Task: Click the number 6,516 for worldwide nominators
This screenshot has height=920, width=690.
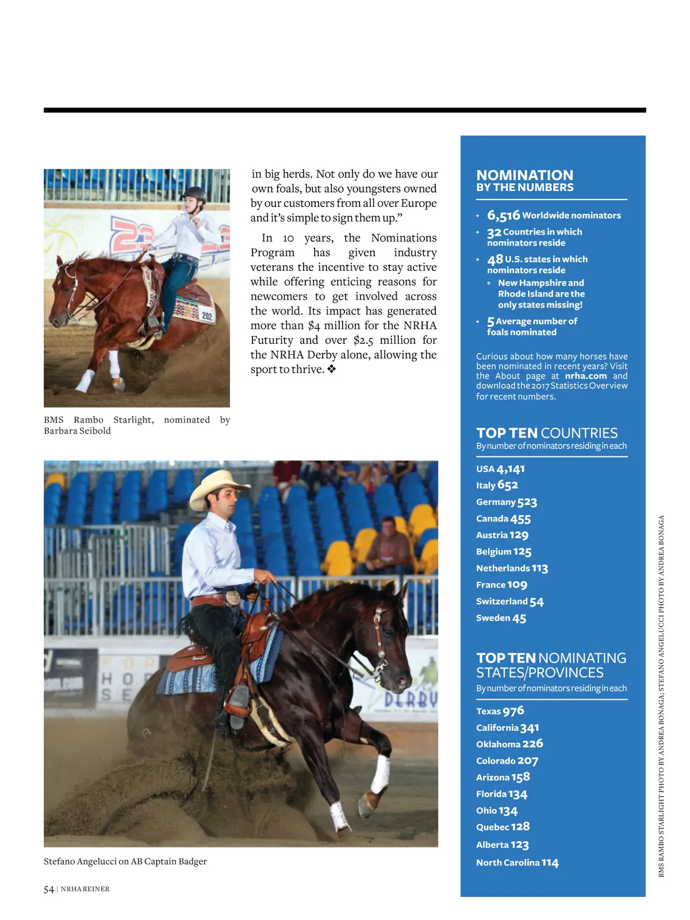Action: click(x=503, y=216)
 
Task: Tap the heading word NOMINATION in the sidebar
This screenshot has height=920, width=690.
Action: click(x=524, y=175)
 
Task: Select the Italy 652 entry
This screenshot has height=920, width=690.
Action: click(x=497, y=485)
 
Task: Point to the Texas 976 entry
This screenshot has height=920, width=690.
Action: click(x=500, y=711)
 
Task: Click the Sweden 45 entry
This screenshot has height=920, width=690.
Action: click(x=501, y=618)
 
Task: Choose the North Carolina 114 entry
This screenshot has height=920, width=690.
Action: click(x=517, y=862)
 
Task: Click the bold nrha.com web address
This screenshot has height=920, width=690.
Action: click(x=585, y=376)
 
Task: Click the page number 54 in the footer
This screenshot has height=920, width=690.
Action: click(x=49, y=890)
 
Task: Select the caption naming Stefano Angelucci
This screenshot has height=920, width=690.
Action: click(x=125, y=861)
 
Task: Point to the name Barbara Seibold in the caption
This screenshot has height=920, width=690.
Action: click(x=77, y=431)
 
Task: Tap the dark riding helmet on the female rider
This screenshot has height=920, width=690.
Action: click(x=194, y=194)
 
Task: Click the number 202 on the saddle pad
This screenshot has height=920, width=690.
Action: click(x=206, y=316)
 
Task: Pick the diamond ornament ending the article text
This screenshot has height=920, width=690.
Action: click(x=332, y=369)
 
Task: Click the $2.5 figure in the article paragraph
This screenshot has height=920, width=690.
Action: click(x=363, y=340)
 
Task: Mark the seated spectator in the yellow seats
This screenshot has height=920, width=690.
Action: click(x=390, y=543)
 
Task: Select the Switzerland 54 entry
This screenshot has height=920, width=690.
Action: click(x=509, y=601)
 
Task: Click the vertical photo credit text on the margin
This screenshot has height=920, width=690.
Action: click(x=661, y=696)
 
